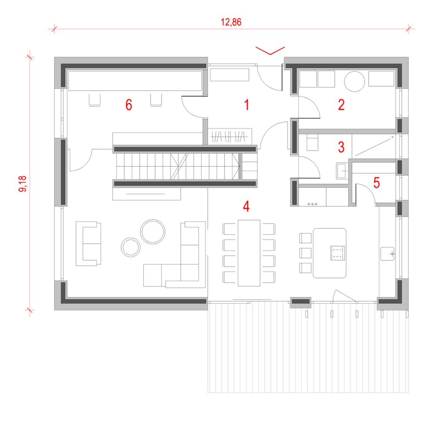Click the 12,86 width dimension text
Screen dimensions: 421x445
coord(231,23)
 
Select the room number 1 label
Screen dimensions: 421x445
coord(246,105)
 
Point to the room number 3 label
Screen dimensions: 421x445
coord(341,147)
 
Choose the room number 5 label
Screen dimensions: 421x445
coord(376,183)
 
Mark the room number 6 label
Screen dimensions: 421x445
coord(129,105)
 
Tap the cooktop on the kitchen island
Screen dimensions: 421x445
coord(337,253)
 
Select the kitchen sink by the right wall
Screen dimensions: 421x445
coord(388,253)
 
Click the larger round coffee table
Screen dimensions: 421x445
coord(153,232)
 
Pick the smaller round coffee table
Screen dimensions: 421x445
coord(131,247)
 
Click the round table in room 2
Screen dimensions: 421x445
coord(354,81)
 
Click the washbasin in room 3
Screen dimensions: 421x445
coord(342,170)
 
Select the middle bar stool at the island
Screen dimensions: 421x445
coord(306,252)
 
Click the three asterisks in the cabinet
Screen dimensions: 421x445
coord(312,204)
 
